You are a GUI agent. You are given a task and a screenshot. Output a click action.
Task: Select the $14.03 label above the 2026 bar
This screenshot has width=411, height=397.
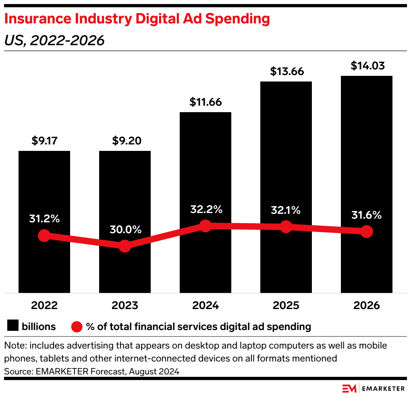[x=367, y=65]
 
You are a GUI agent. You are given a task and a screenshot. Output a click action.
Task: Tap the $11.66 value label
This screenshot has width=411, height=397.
[x=205, y=102]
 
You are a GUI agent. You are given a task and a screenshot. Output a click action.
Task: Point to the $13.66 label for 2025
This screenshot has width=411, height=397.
[x=286, y=71]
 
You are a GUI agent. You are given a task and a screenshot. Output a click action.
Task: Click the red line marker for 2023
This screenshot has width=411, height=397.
[x=125, y=245]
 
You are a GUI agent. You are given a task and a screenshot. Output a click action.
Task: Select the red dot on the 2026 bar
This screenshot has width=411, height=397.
[x=367, y=232]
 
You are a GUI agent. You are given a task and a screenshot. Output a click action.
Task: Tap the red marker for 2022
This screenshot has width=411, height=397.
[x=44, y=235]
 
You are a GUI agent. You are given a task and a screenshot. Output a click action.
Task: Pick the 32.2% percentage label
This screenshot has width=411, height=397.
[x=205, y=210]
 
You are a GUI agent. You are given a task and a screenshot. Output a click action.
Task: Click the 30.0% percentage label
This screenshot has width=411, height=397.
[x=125, y=230]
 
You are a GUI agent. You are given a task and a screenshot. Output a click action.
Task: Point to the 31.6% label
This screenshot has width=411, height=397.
[x=366, y=215]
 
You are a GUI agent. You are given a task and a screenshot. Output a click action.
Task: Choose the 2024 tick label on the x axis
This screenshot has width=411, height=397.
[x=205, y=305]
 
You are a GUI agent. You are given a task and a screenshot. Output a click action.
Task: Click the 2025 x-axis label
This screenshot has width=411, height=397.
[x=286, y=305]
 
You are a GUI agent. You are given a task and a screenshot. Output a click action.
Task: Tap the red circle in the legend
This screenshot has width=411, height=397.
[x=77, y=326]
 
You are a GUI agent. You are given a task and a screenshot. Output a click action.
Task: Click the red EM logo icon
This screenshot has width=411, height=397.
[x=349, y=388]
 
